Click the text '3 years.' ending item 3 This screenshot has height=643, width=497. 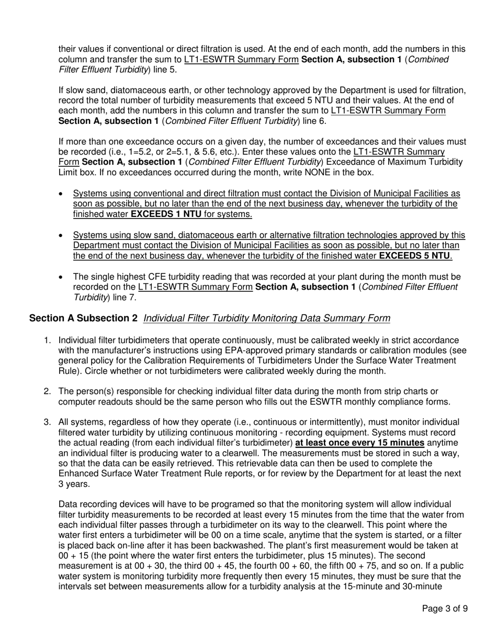[74, 484]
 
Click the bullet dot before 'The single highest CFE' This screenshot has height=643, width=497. [62, 277]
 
